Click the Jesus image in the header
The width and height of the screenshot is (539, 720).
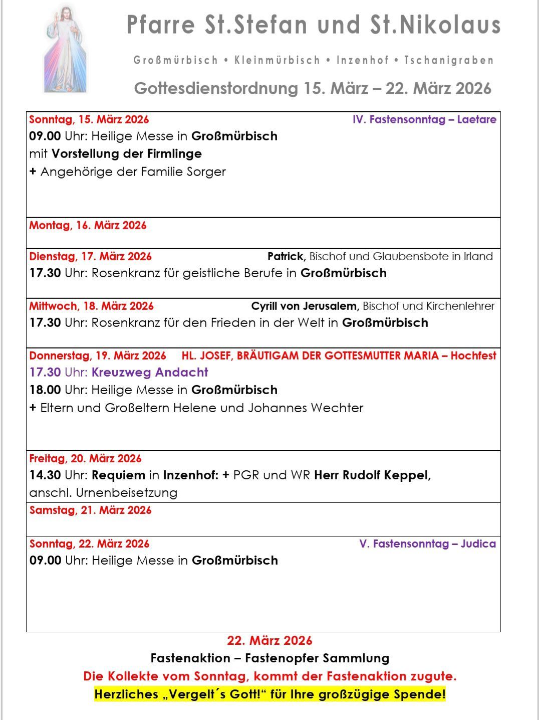(x=65, y=49)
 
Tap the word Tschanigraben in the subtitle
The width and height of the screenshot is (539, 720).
(x=449, y=61)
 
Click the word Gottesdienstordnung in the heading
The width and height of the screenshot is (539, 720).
(x=216, y=88)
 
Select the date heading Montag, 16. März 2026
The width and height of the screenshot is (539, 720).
(x=88, y=225)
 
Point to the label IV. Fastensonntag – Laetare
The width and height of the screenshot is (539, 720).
(x=424, y=119)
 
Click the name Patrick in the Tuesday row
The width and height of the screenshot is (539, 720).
(x=286, y=256)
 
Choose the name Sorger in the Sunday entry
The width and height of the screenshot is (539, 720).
(x=206, y=171)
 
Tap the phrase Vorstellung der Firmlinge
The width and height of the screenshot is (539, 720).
(x=127, y=153)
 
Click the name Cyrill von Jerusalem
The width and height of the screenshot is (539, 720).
(x=305, y=306)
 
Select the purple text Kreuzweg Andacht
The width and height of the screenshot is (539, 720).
(x=150, y=372)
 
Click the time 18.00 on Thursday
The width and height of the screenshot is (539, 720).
(x=45, y=390)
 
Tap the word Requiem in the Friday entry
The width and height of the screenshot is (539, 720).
(x=118, y=475)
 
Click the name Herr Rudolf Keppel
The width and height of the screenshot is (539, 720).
(x=372, y=475)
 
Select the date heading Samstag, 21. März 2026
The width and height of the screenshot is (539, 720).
(x=90, y=510)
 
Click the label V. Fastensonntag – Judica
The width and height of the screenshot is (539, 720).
(x=427, y=544)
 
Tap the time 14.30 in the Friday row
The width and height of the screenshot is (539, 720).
(x=45, y=475)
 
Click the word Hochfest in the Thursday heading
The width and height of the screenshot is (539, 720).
(x=473, y=355)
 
